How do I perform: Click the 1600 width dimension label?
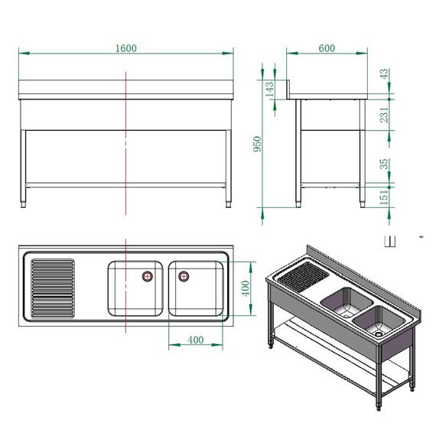(126, 48)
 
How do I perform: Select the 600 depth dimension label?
(327, 48)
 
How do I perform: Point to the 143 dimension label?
(268, 89)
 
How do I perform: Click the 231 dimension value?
(384, 114)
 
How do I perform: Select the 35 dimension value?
(384, 164)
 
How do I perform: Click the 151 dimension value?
(384, 197)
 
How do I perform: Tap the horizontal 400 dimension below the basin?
(196, 340)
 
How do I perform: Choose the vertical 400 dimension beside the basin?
(246, 288)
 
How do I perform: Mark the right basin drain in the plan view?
(184, 275)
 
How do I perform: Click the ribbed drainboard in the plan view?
(52, 288)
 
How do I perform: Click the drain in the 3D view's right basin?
(378, 334)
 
